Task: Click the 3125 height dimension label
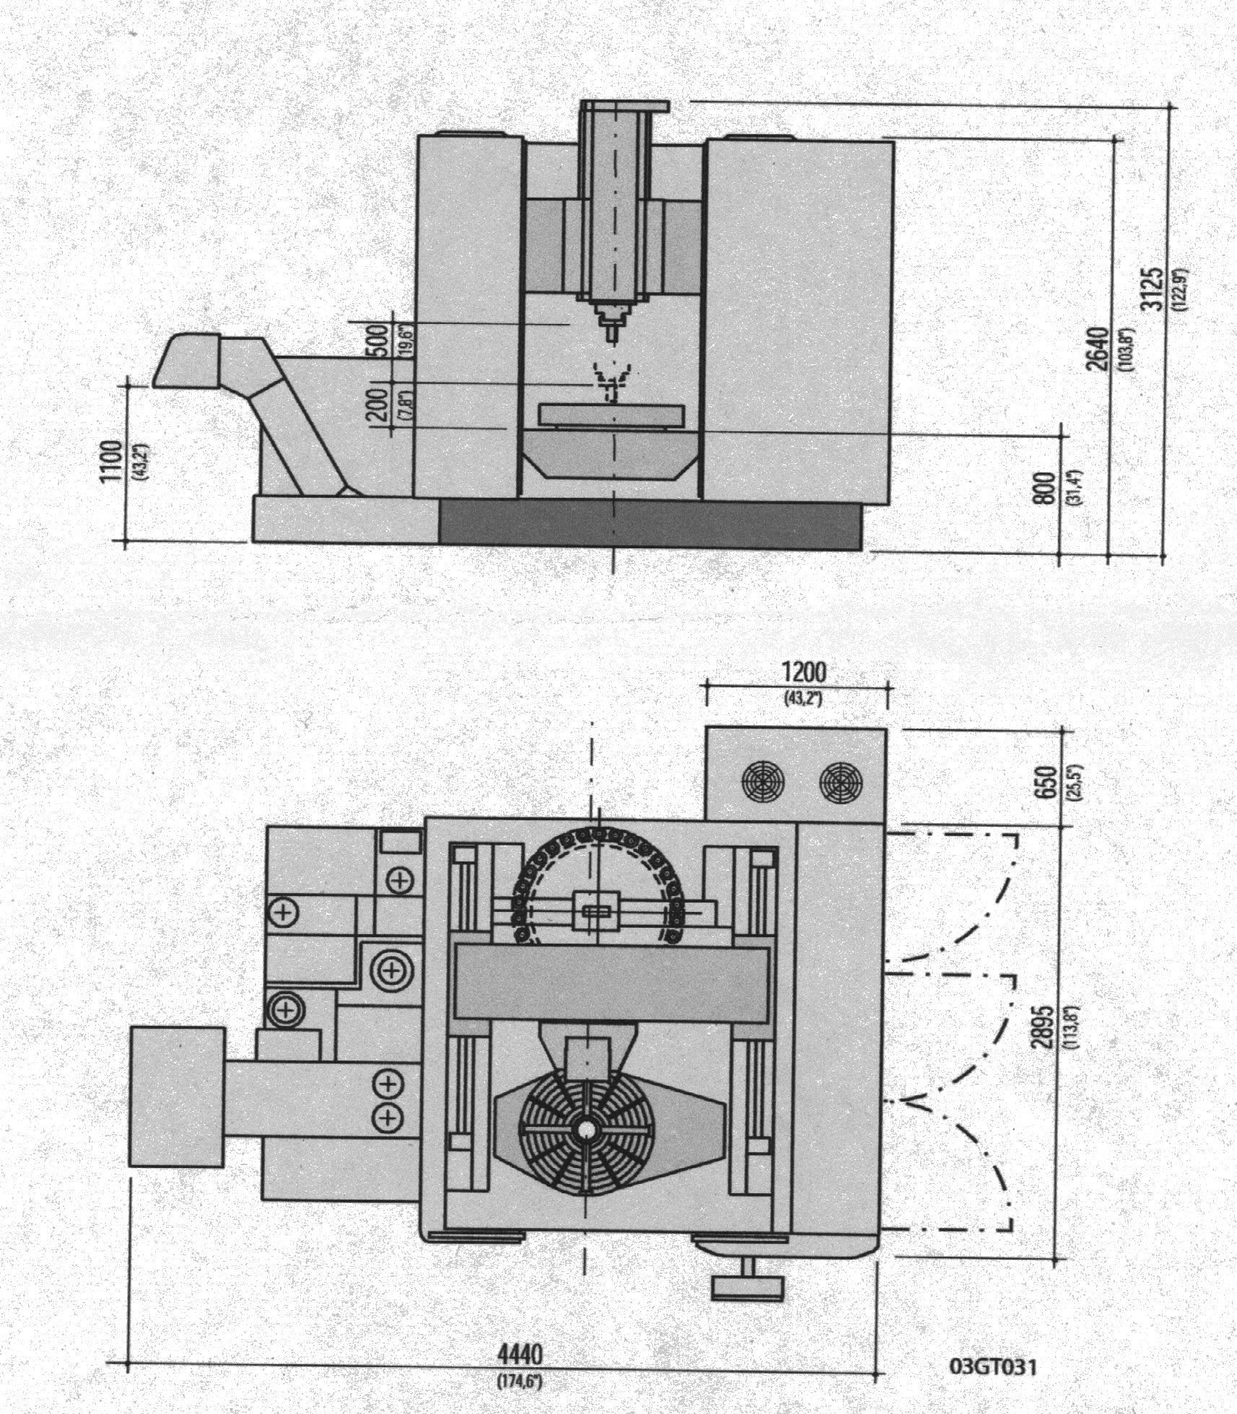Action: point(1153,289)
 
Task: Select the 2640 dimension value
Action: point(1098,348)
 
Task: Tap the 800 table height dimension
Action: point(1044,488)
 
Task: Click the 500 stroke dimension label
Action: point(377,339)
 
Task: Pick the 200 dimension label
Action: point(377,405)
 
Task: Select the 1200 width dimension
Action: point(804,672)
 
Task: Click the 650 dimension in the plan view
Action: point(1046,782)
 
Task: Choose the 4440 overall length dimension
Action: point(520,1354)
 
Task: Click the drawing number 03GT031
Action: point(992,1366)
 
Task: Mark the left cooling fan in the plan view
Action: point(762,781)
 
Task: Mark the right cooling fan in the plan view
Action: point(841,782)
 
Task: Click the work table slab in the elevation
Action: point(611,414)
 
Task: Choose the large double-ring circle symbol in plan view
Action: point(392,970)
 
